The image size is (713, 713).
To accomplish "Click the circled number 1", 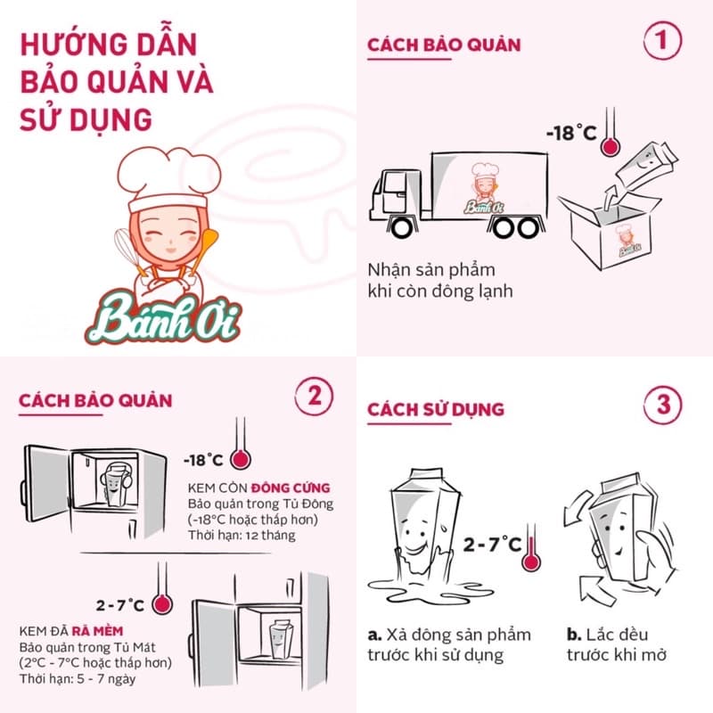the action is pos(662,40).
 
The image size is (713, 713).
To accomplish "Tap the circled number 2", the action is pos(314,396).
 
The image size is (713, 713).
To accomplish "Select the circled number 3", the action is pos(662,405).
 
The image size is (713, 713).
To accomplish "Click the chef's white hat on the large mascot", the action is pos(168,179).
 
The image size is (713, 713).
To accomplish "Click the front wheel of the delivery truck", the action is pos(402,227).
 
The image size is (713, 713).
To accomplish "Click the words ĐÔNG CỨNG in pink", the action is pos(291,488).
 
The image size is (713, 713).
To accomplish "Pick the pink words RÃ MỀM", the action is pos(97,631).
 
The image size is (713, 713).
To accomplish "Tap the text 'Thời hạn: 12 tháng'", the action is pos(242,536).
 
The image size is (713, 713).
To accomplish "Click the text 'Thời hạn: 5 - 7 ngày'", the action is pos(78,679).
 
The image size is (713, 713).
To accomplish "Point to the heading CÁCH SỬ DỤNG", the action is pos(436,409).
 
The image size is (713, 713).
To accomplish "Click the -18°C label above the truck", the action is pos(571,133).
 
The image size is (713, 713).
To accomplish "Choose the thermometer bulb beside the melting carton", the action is pos(530,561).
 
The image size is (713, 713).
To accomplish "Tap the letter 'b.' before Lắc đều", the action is pos(574,635).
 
